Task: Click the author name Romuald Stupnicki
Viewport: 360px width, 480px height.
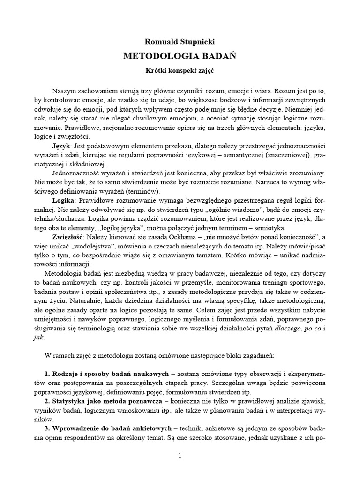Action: (180, 41)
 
